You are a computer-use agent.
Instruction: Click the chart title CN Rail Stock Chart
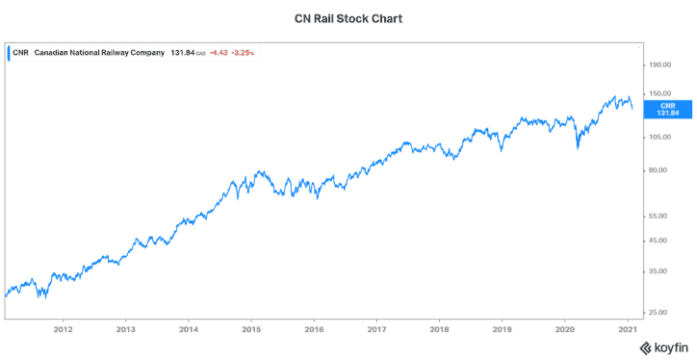pos(348,17)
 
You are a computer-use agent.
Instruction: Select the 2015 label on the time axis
pos(250,327)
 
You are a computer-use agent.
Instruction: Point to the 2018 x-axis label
pos(439,327)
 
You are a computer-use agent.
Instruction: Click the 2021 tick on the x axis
pos(627,327)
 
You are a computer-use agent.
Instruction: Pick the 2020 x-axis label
pos(564,327)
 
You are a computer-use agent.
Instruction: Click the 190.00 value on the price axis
pos(659,65)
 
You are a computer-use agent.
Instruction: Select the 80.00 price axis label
pos(658,170)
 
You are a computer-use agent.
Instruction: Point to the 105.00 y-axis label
pos(659,137)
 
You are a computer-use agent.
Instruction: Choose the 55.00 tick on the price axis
pos(658,217)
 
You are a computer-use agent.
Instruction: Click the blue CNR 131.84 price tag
pos(663,108)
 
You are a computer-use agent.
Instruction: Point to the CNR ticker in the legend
pos(20,53)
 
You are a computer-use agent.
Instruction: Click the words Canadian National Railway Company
pos(99,53)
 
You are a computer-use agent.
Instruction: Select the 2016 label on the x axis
pos(314,327)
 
